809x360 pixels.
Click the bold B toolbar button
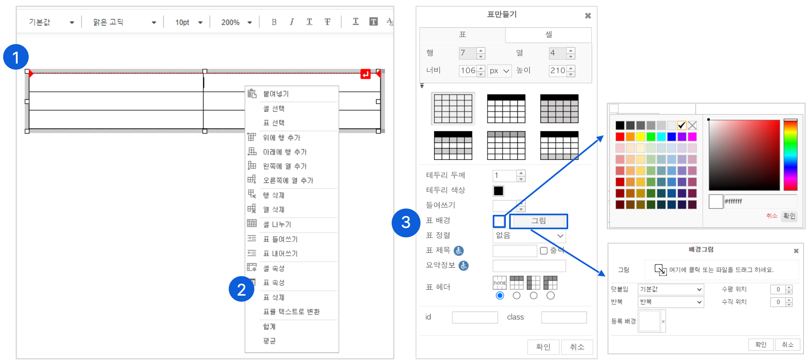pos(274,22)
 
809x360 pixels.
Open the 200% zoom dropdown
pos(237,23)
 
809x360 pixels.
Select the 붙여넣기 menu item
pos(276,94)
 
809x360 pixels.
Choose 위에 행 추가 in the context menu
pos(281,137)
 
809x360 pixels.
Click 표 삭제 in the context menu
pos(273,297)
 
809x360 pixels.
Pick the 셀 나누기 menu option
pos(277,224)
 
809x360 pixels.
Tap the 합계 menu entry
pos(269,326)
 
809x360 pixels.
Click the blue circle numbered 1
pos(16,57)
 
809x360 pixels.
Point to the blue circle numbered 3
pos(406,223)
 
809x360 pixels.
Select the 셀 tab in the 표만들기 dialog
pos(548,35)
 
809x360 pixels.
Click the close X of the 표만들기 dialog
pos(588,16)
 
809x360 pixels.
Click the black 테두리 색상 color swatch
pos(498,191)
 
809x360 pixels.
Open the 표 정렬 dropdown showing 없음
pos(529,236)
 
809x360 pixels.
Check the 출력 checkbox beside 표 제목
pos(544,251)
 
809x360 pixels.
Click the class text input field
pos(564,317)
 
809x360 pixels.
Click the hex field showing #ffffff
pos(760,201)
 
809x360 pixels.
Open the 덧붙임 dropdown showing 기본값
pos(671,289)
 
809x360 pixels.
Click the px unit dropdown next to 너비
pos(499,71)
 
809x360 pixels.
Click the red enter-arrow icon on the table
pos(365,74)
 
